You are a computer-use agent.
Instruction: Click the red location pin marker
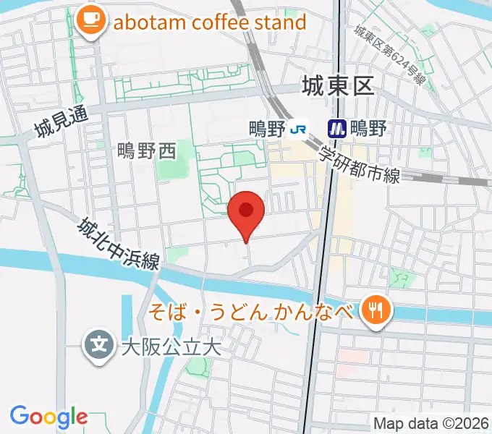pos(246,211)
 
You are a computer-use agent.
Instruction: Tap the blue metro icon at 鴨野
pos(336,129)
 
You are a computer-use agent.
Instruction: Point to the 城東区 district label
pos(337,87)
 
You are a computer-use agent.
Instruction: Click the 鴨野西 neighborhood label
pos(147,150)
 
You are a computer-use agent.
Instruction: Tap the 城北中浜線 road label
pos(120,244)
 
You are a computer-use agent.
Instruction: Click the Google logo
pos(48,416)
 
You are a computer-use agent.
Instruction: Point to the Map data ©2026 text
pos(431,422)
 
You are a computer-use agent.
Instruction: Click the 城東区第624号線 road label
pos(389,54)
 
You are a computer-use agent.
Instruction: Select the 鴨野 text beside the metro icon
pos(368,129)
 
